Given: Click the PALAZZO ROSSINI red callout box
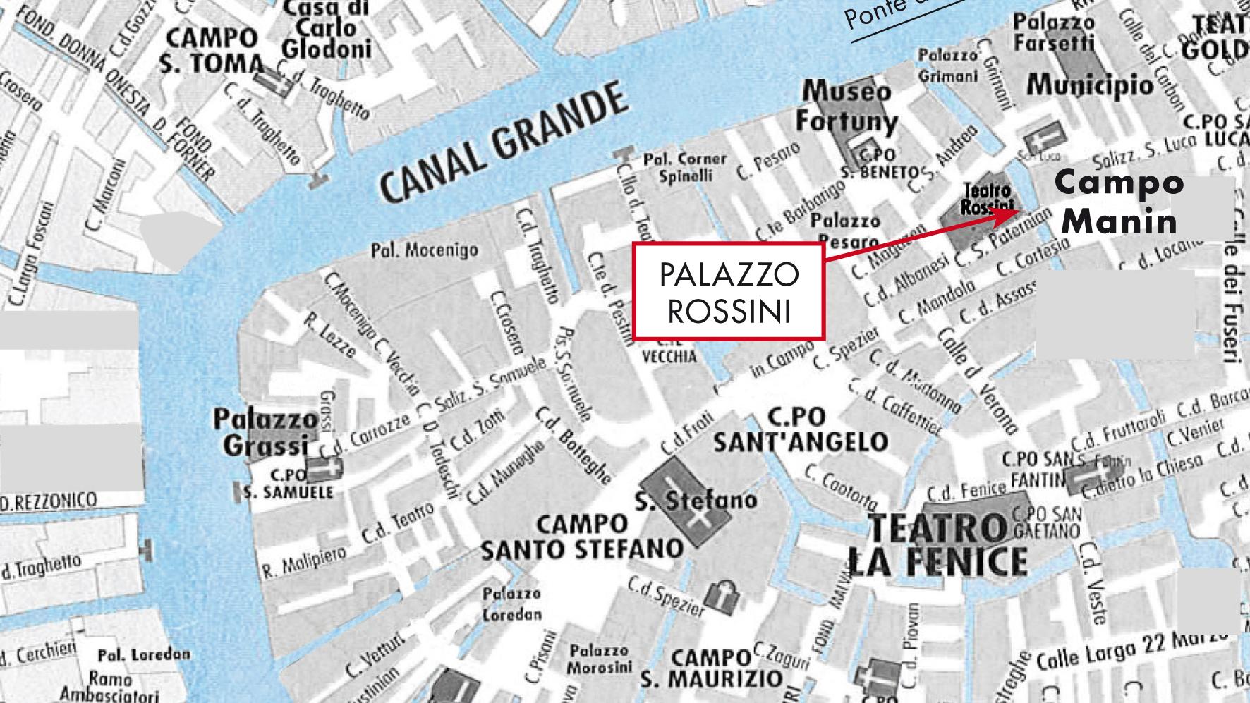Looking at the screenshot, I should (x=728, y=292).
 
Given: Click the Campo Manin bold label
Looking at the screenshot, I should (x=1119, y=202).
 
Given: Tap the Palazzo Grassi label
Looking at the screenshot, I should (x=266, y=432).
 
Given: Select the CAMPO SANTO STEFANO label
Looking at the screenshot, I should (x=582, y=537).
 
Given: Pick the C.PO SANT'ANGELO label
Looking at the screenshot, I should (x=801, y=429).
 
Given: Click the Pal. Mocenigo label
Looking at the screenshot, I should (x=425, y=250).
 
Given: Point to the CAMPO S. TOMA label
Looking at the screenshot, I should (x=210, y=50).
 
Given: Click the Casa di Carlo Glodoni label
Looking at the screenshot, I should (x=327, y=29).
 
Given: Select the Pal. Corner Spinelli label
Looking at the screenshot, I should (x=684, y=167).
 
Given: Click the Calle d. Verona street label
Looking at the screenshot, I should (x=978, y=381).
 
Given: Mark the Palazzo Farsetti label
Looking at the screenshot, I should (x=1054, y=33).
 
